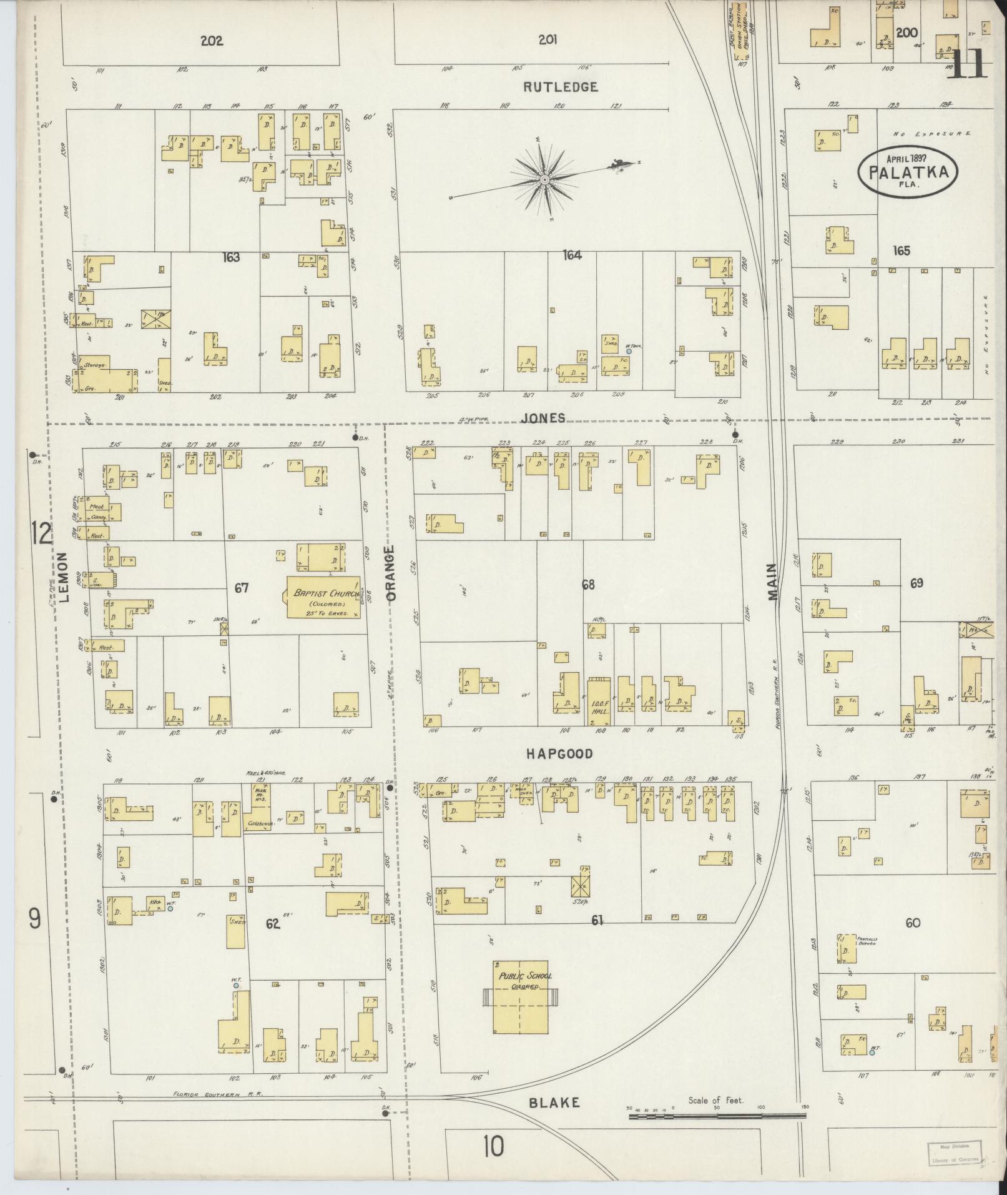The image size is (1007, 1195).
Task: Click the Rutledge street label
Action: pos(560,87)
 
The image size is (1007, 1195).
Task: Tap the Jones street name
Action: pos(544,418)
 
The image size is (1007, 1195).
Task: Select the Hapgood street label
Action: pos(559,754)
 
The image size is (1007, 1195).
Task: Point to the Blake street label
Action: pos(554,1103)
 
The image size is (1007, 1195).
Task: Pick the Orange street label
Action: pos(391,573)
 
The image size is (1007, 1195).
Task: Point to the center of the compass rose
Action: pos(544,179)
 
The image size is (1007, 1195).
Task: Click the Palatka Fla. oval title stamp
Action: pos(906,170)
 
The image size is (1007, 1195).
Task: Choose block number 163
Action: pos(231,257)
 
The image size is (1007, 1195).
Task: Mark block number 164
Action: pos(572,255)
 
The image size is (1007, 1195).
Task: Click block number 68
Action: pos(587,585)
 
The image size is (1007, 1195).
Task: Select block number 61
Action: pos(597,920)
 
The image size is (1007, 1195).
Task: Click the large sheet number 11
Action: pos(967,63)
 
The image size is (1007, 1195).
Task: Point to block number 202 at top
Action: pos(212,41)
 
